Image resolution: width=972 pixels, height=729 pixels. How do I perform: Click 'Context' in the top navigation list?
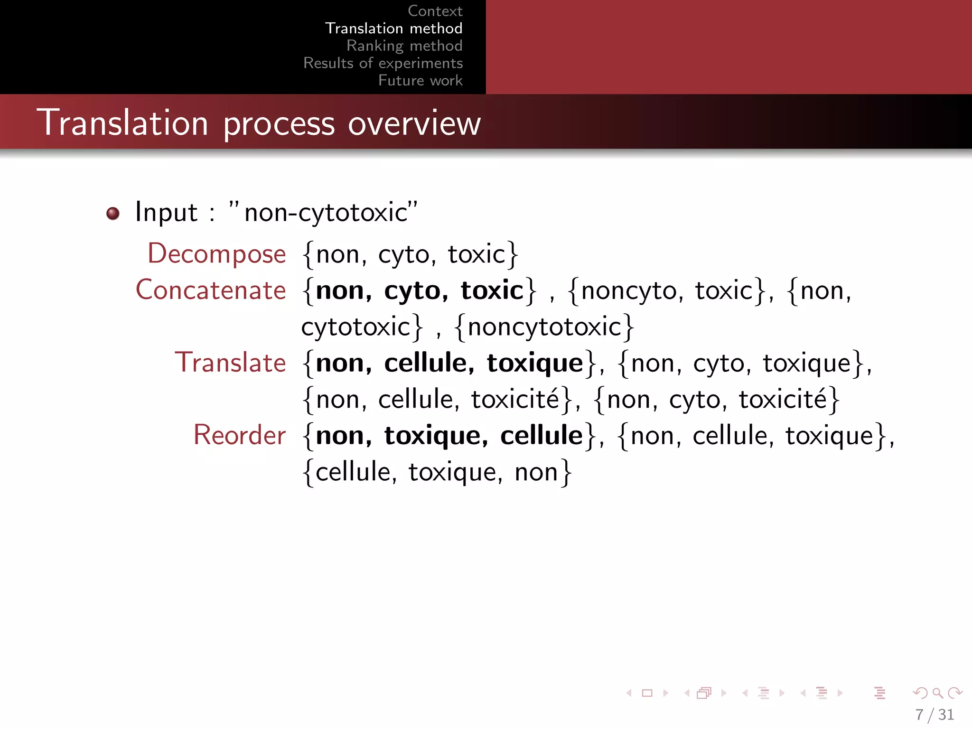pos(435,11)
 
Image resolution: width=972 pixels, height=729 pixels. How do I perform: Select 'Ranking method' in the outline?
pos(404,46)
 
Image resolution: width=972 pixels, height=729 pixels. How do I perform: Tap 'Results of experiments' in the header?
pos(383,63)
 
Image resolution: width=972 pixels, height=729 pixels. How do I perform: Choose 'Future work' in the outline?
pos(420,80)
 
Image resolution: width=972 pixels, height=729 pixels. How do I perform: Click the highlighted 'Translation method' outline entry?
pos(393,28)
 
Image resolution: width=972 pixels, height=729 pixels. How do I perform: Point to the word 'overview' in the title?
pos(414,123)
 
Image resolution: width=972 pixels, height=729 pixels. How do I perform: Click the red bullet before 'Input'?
pos(113,214)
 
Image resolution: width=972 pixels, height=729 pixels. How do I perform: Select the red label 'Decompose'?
pos(217,254)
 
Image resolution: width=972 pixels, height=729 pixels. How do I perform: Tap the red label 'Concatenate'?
pos(211,290)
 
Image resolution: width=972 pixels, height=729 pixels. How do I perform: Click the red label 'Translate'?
pos(231,363)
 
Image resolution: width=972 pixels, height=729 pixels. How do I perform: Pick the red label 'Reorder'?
pos(240,435)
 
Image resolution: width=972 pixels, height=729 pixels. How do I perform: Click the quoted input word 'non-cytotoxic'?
pos(326,212)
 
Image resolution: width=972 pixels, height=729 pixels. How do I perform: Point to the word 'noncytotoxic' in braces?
pos(544,327)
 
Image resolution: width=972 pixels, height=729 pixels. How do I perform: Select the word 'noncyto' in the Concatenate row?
pos(628,291)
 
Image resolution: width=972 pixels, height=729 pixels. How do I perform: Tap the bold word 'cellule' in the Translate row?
pos(425,363)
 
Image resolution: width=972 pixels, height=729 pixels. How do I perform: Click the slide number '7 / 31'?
pos(934,715)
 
